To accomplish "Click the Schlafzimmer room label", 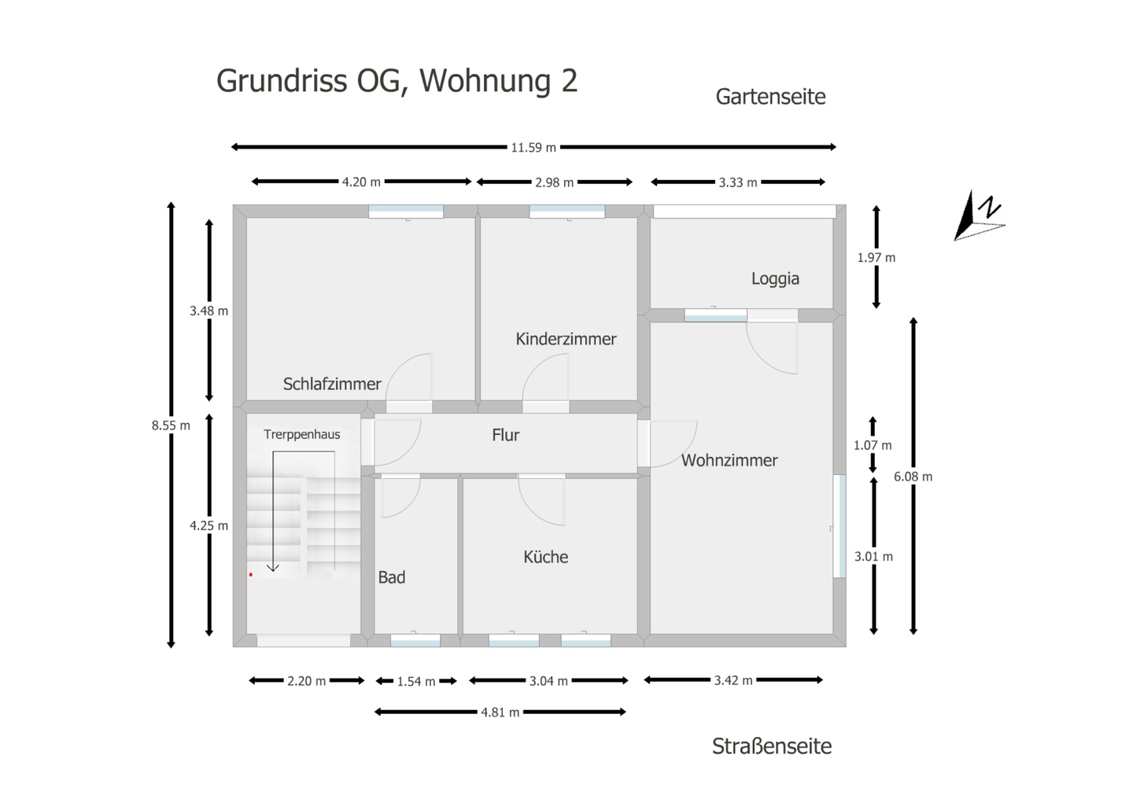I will coord(332,384).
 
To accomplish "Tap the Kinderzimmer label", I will coord(566,339).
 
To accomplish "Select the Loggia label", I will coord(775,278).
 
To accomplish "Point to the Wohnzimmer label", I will coord(729,461).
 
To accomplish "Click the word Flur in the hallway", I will coord(505,435).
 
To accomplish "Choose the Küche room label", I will coord(545,557).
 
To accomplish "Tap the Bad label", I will coord(392,577).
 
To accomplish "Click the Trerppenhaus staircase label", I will coord(302,434).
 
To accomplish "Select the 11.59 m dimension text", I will coord(533,147).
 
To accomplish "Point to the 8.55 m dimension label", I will coord(171,425).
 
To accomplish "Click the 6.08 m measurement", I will coord(913,477).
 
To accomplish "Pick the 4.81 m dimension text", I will coord(500,712).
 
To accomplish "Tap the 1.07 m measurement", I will coord(873,445).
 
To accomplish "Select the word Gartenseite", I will coord(770,97).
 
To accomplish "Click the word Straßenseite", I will coord(772,746).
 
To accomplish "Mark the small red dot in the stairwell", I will coord(251,575).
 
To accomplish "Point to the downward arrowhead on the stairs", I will coord(273,567).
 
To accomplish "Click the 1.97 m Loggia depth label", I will coord(876,257).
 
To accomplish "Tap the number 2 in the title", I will coord(570,81).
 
